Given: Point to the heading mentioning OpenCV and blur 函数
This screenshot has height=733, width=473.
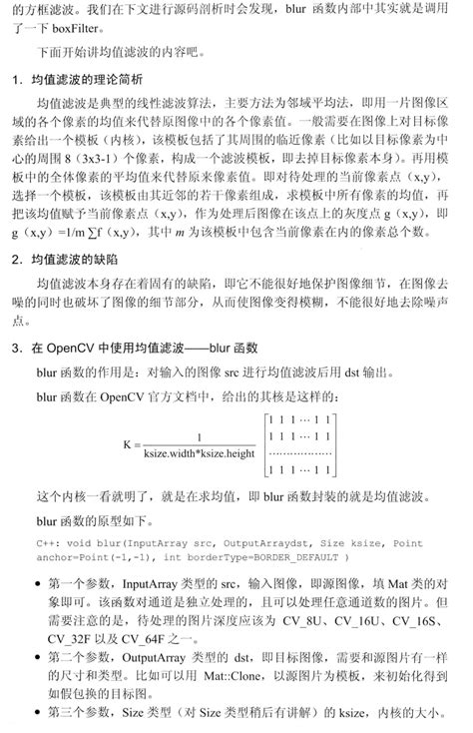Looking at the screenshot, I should point(136,349).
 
